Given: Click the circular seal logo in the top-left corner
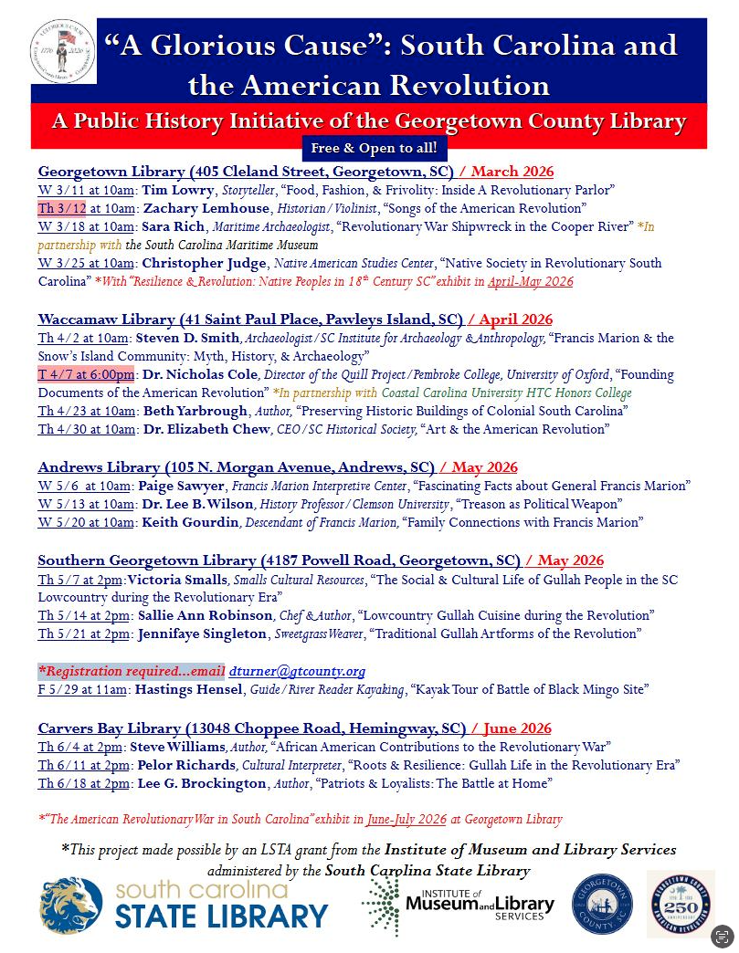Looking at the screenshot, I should point(62,51).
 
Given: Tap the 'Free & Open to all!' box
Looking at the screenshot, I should point(375,147).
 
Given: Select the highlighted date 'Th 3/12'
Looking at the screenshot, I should point(62,207).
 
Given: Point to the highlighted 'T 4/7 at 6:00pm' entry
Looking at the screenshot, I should point(86,374).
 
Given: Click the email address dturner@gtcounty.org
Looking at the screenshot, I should point(297,671).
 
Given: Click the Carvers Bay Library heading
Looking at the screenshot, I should point(252,728).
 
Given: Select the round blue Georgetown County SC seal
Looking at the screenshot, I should point(602,904).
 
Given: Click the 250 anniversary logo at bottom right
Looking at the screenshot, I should point(681,904).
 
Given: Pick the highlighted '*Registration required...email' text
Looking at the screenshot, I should point(131,671).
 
